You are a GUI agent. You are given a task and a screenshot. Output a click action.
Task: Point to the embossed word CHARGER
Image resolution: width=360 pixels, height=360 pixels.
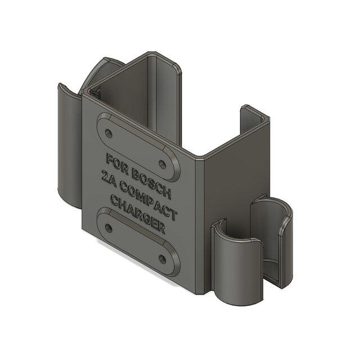(x=137, y=214)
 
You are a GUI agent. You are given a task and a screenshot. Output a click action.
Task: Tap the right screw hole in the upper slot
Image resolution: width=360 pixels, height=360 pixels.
(x=163, y=164)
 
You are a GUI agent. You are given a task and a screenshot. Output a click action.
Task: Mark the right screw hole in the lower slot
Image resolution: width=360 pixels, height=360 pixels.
(x=163, y=258)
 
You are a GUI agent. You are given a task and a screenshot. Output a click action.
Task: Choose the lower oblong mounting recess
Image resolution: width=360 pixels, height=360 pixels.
(x=137, y=242)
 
